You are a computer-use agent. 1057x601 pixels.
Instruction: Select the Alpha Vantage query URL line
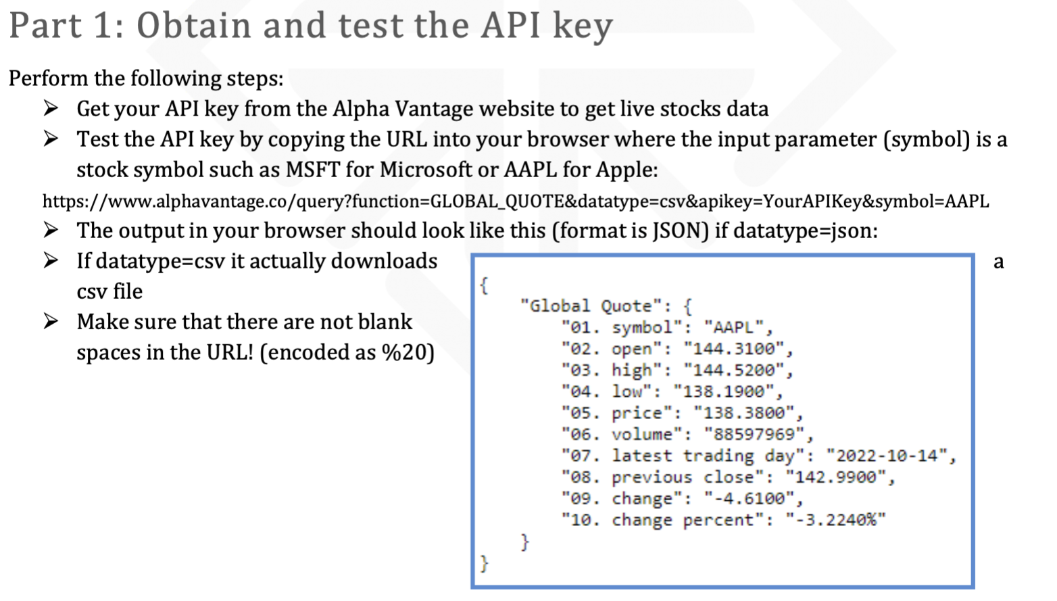pos(516,201)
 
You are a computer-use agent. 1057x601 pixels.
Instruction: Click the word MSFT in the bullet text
pos(313,170)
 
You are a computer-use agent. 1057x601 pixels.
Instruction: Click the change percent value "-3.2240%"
pos(835,521)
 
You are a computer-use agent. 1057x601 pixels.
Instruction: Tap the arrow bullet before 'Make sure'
pos(51,321)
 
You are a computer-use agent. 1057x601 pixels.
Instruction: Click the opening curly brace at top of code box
pos(484,285)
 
